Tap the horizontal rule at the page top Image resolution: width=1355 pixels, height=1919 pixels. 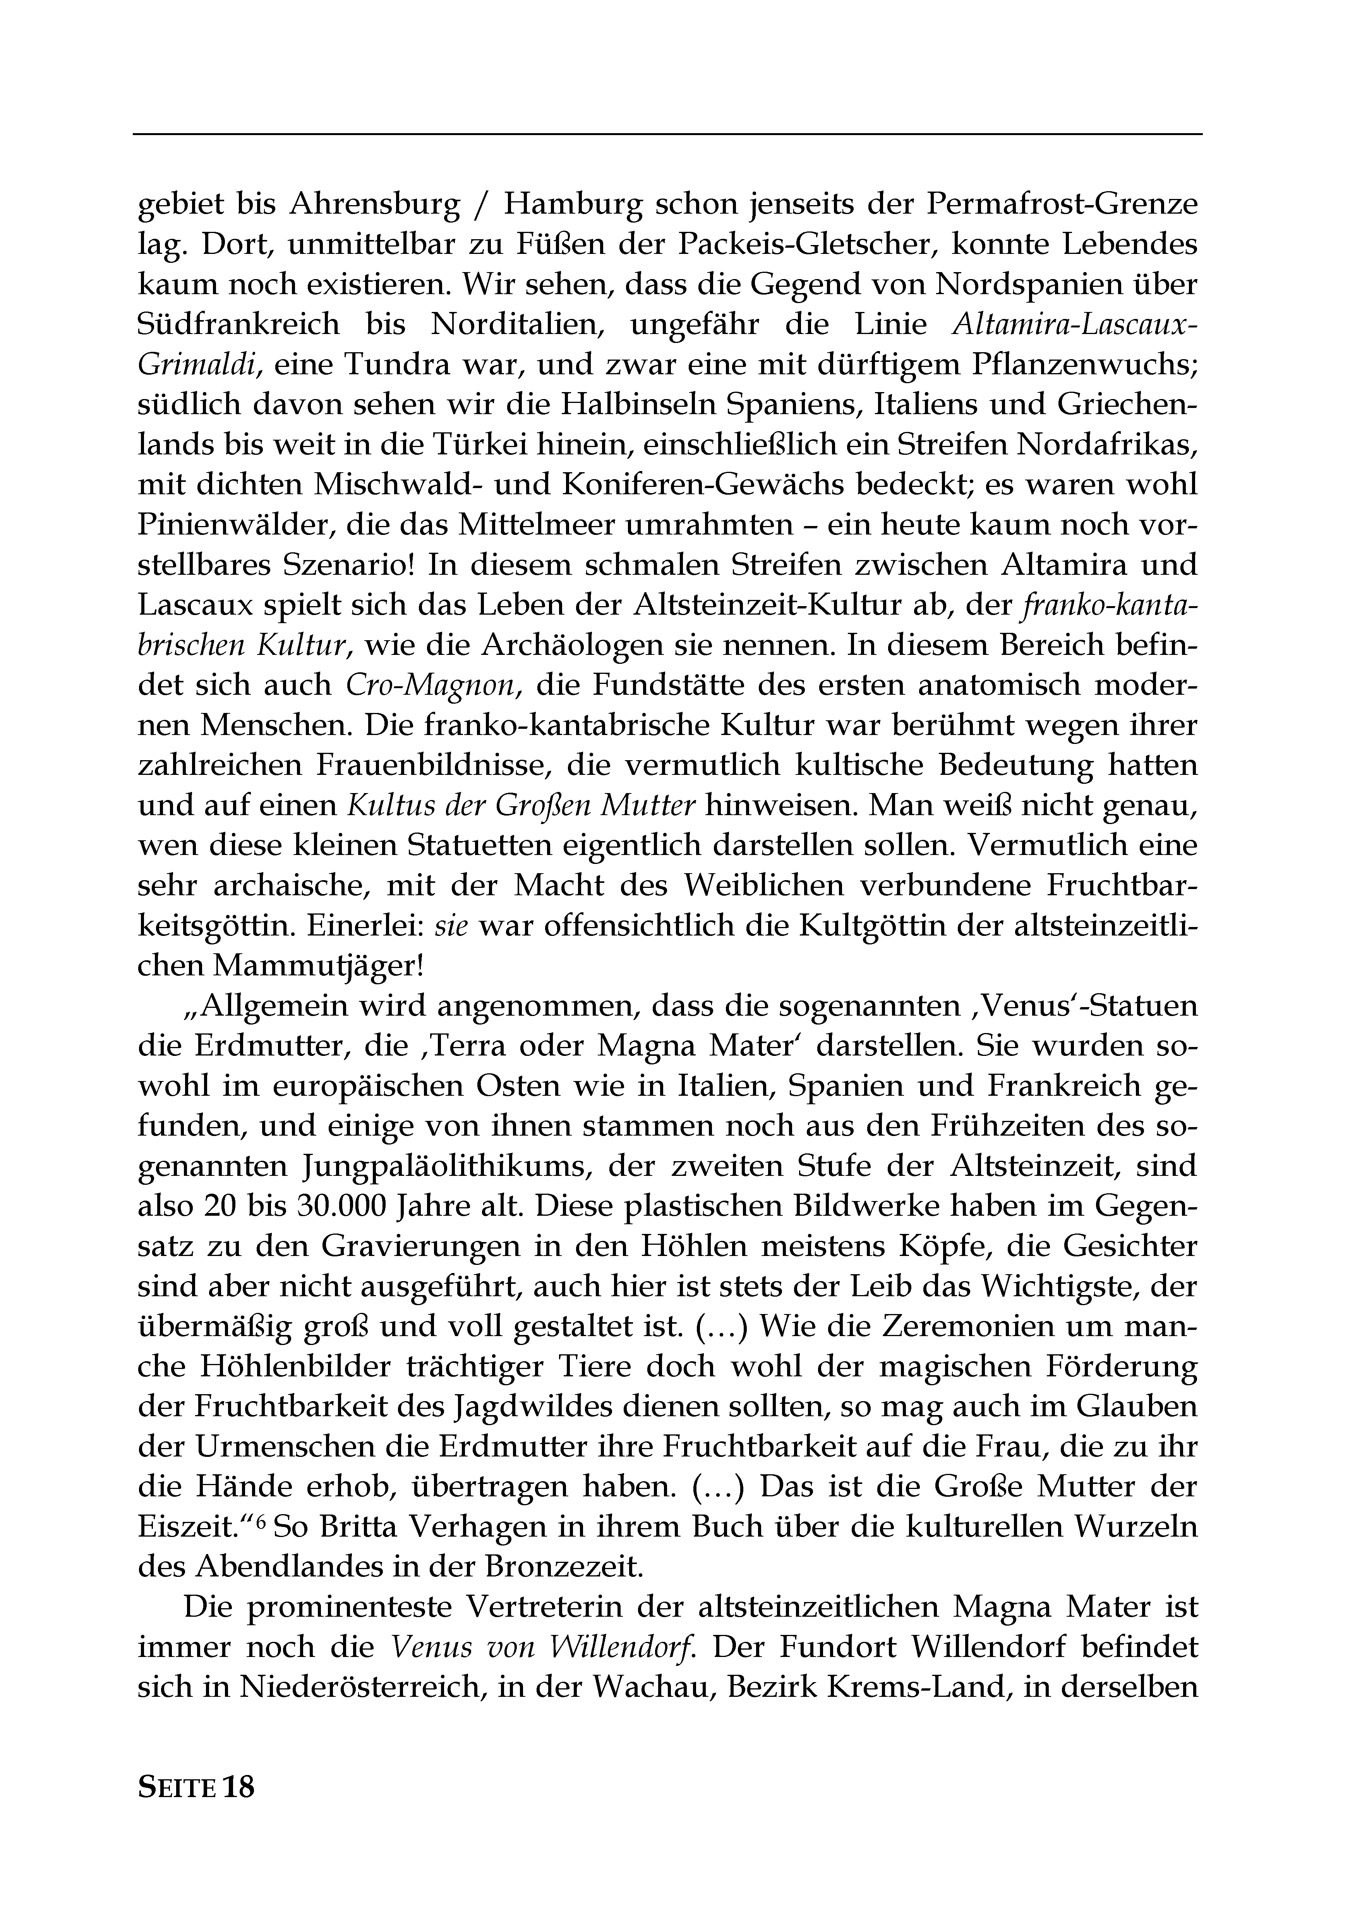[667, 134]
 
